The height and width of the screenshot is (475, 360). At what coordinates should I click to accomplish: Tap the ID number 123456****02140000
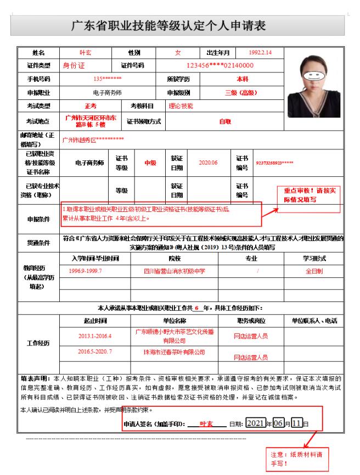[x=220, y=66]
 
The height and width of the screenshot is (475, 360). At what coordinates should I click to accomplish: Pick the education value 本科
[x=242, y=79]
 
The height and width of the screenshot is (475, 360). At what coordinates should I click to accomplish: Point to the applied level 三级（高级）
[x=241, y=92]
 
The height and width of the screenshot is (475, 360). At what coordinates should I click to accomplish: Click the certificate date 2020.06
[x=208, y=163]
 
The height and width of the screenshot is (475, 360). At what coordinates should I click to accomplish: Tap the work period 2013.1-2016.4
[x=94, y=336]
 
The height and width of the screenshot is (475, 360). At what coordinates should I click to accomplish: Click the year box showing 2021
[x=255, y=423]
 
